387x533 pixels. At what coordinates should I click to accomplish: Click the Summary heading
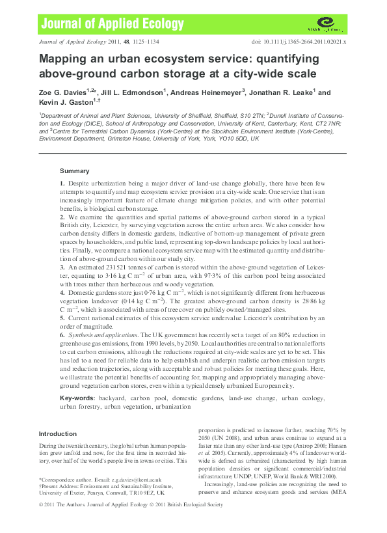(74, 170)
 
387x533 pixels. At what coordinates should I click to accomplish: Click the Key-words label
(78, 397)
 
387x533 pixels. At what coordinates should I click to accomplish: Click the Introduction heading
(58, 433)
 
